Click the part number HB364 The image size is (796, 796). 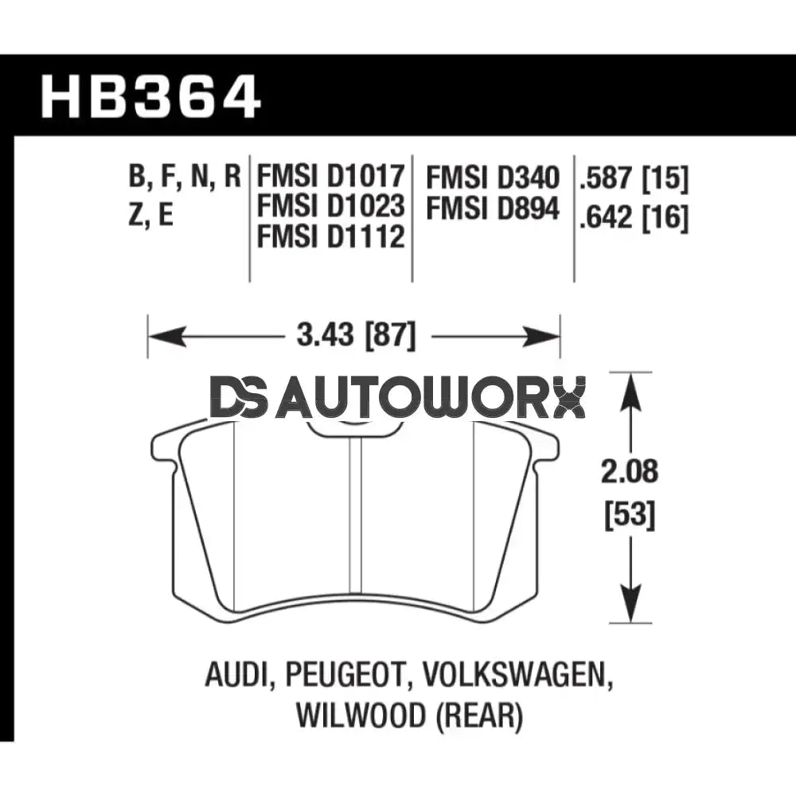151,97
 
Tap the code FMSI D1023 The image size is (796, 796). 330,206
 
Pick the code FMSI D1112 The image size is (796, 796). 330,236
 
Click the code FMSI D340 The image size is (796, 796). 493,177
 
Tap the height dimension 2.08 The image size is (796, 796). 630,472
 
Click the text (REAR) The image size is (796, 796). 477,716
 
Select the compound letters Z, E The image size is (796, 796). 150,215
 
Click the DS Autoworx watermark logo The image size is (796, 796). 397,397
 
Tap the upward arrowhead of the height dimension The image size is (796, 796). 630,389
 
